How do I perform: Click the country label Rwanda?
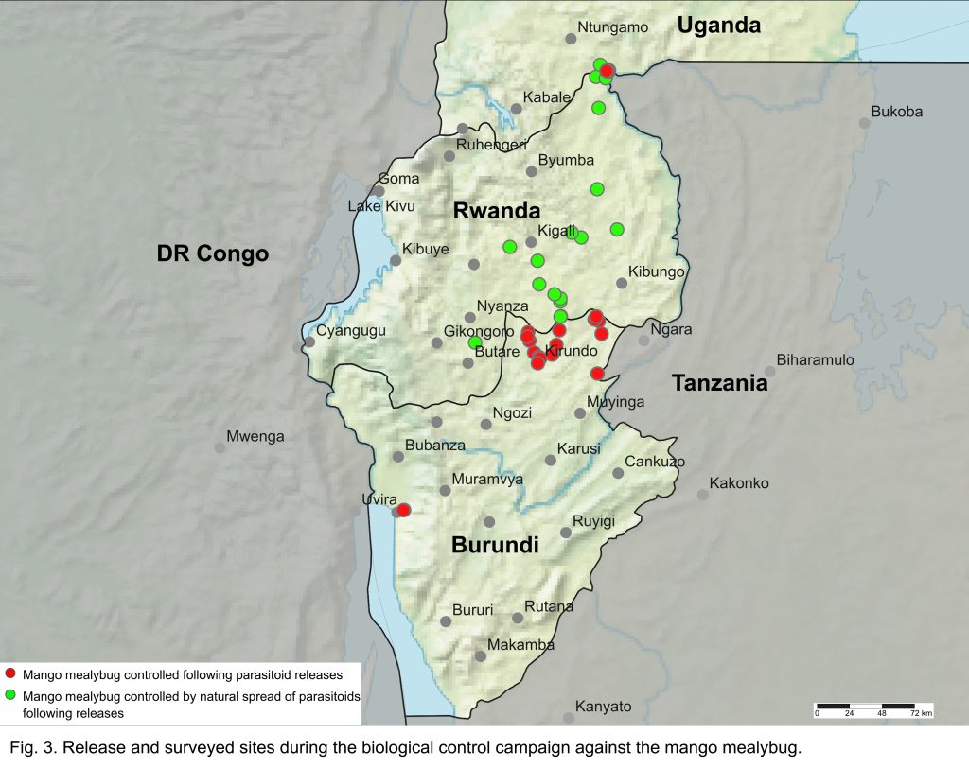496,211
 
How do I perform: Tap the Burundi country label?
495,545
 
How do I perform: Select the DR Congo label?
213,253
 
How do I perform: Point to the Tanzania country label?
719,383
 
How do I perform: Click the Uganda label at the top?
719,26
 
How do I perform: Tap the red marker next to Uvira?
404,510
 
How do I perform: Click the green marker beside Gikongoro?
476,342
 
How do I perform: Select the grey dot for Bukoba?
864,123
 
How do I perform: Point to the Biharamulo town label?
815,359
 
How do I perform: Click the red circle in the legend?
10,674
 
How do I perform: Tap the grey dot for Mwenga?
220,447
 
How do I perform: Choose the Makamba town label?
520,644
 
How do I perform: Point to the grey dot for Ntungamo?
571,39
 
